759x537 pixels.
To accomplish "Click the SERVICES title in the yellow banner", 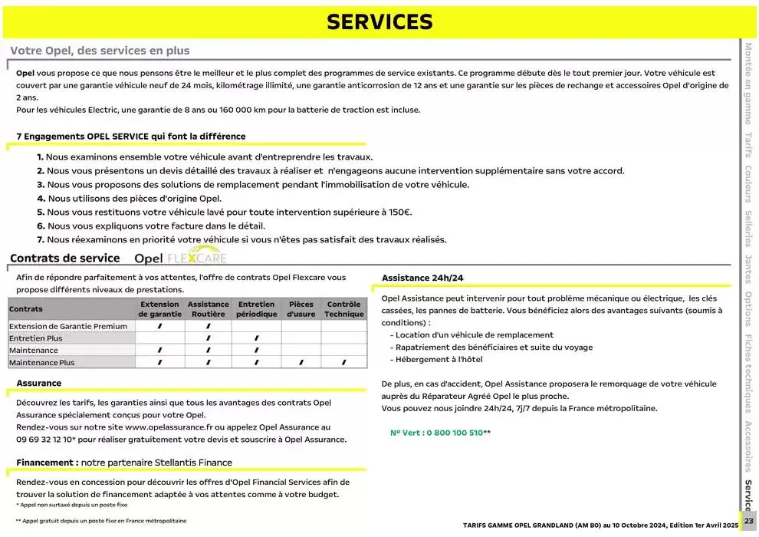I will tap(379, 22).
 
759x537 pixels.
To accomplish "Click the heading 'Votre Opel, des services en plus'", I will tap(100, 51).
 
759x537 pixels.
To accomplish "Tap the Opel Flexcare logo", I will tap(180, 258).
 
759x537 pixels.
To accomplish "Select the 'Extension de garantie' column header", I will tap(160, 309).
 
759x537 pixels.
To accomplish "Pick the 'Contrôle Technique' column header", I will tap(343, 309).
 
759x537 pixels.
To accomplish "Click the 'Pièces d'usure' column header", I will tap(301, 309).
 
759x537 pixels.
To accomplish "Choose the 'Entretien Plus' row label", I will tap(35, 338).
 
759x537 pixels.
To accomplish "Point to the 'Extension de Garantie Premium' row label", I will tap(67, 326).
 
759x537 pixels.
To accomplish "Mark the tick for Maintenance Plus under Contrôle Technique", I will tap(343, 362).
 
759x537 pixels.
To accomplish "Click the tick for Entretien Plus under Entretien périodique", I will tap(256, 338).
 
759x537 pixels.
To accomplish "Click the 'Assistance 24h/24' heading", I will tap(422, 277).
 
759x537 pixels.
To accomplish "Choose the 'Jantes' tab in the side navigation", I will tap(748, 268).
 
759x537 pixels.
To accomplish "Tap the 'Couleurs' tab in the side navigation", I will tap(748, 184).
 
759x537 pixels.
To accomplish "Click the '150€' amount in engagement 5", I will tap(399, 212).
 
